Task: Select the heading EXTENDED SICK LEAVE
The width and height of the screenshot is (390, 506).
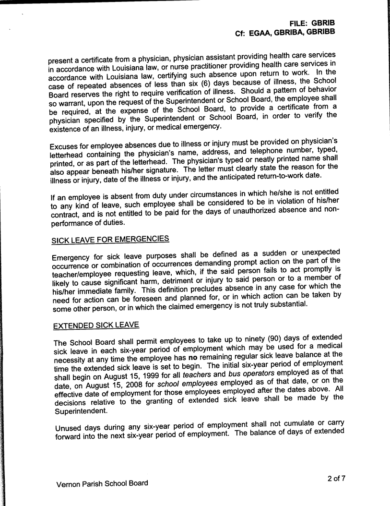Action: pos(96,325)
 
